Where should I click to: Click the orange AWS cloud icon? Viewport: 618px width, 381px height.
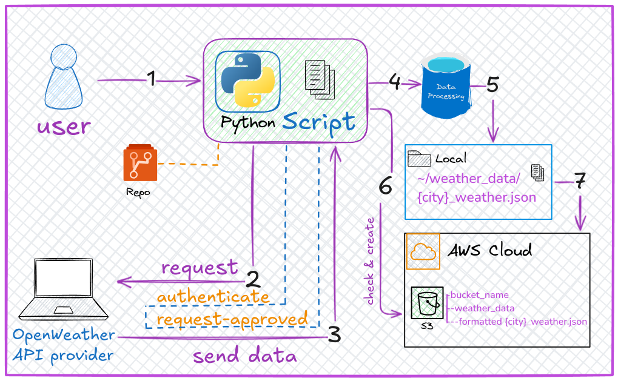pos(423,251)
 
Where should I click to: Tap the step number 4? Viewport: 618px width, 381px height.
pos(394,82)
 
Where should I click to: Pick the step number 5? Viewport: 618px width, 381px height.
pos(492,85)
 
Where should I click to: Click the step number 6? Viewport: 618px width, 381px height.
pos(386,186)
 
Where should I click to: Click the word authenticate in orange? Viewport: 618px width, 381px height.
pos(213,297)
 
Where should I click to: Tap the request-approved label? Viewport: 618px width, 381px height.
pos(232,319)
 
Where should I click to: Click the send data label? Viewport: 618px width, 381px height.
pos(245,356)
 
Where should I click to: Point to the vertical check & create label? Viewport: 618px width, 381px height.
pos(371,261)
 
